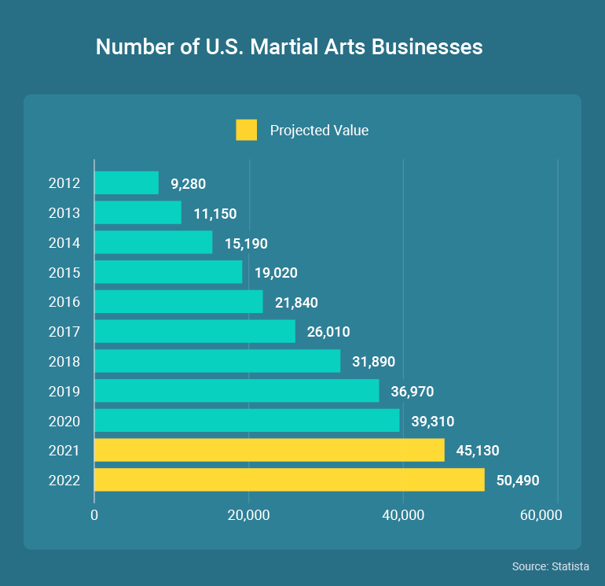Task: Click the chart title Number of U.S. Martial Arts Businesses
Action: pyautogui.click(x=288, y=47)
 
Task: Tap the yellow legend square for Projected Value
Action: pyautogui.click(x=246, y=130)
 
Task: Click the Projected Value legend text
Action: pyautogui.click(x=319, y=131)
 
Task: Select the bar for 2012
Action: pyautogui.click(x=126, y=183)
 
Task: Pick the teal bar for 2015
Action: pyautogui.click(x=168, y=272)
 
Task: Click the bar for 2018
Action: pyautogui.click(x=217, y=361)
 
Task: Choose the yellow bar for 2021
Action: pyautogui.click(x=269, y=450)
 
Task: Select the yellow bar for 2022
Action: pyautogui.click(x=289, y=480)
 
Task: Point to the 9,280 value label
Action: pyautogui.click(x=188, y=184)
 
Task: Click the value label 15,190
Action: pyautogui.click(x=246, y=243)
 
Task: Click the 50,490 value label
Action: pyautogui.click(x=518, y=480)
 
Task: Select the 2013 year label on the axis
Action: pyautogui.click(x=64, y=213)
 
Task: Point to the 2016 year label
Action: pyautogui.click(x=64, y=302)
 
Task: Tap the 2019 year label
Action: pyautogui.click(x=64, y=391)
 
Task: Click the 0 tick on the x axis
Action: pyautogui.click(x=94, y=515)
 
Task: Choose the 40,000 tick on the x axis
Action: pyautogui.click(x=403, y=515)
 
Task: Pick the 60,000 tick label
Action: pyautogui.click(x=541, y=515)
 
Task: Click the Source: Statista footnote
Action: pyautogui.click(x=550, y=566)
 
